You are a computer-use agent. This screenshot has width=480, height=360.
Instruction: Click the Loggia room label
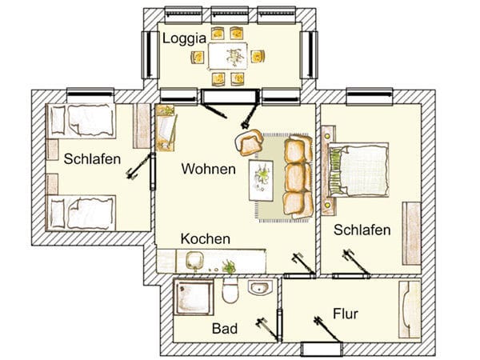pos(184,39)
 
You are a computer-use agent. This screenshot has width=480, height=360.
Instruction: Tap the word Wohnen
pos(209,169)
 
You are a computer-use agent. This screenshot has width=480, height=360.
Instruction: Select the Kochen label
pos(206,238)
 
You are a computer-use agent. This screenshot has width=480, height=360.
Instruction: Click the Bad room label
pos(225,329)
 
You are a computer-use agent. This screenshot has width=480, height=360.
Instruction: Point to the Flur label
pos(346,314)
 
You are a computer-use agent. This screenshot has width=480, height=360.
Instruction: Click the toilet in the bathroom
pos(230,290)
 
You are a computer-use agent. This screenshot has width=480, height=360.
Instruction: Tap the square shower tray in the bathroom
pos(194,297)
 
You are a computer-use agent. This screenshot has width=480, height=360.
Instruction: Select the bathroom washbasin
pos(260,287)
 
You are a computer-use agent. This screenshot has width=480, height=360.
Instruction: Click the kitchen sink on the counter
pos(194,261)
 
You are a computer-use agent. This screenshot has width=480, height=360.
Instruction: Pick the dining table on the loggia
pos(228,56)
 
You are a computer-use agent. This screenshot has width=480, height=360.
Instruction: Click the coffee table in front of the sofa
pos(261,180)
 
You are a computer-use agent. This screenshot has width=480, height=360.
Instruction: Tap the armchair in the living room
pos(249,142)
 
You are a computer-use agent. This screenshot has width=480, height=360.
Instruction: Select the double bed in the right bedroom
pos(358,170)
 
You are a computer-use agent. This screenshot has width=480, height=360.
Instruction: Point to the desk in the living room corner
pos(166,128)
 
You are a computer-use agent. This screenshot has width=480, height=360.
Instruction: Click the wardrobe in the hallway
pos(410,310)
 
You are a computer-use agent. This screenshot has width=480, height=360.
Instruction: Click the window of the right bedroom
pos(370,95)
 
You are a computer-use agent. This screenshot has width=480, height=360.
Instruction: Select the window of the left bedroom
pos(90,95)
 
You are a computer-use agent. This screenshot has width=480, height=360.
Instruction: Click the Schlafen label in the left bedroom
pos(92,159)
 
